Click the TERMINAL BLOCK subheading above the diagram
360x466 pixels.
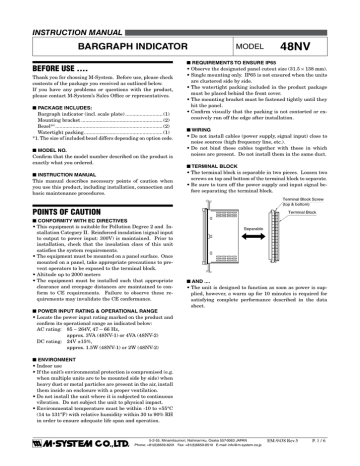point(218,174)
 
